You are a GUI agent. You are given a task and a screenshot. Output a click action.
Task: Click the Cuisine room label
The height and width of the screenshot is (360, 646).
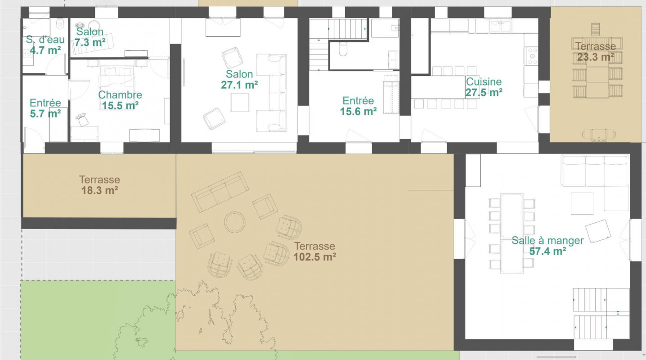[484, 81]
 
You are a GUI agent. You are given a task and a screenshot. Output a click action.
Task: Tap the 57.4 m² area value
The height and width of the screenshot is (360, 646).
[547, 251]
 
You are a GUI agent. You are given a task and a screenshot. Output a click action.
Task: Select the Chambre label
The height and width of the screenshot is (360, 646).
[120, 94]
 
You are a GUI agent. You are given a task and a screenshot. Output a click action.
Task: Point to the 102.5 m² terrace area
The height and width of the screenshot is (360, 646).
[314, 257]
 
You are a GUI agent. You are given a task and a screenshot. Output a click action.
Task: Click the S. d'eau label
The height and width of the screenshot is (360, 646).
[45, 40]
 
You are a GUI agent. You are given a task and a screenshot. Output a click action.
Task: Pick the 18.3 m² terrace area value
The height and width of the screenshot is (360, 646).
[99, 190]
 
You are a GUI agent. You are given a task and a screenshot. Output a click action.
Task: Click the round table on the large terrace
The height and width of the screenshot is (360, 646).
[235, 222]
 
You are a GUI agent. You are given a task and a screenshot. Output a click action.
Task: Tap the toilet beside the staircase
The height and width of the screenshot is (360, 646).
[343, 49]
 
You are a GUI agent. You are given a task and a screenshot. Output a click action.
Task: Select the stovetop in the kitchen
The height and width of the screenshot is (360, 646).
[532, 56]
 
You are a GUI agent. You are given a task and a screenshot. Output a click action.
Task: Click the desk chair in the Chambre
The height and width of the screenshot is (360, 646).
[82, 119]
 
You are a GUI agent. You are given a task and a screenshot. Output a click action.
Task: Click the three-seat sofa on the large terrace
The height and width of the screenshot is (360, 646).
[220, 192]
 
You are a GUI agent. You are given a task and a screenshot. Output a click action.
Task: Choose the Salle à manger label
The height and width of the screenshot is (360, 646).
[547, 241]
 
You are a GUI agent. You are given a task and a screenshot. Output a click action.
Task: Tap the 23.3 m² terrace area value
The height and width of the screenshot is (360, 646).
[595, 57]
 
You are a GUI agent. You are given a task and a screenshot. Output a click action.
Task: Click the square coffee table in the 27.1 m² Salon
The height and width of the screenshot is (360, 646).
[240, 103]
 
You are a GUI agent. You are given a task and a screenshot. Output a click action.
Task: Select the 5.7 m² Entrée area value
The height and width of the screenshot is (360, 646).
[45, 114]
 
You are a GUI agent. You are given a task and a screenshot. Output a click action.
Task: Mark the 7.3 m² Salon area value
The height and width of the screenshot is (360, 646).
[90, 42]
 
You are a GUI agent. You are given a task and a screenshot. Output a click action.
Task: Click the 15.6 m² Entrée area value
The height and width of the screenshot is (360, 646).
[358, 111]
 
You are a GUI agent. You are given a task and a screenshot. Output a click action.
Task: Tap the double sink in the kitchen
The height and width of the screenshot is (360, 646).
[500, 27]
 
